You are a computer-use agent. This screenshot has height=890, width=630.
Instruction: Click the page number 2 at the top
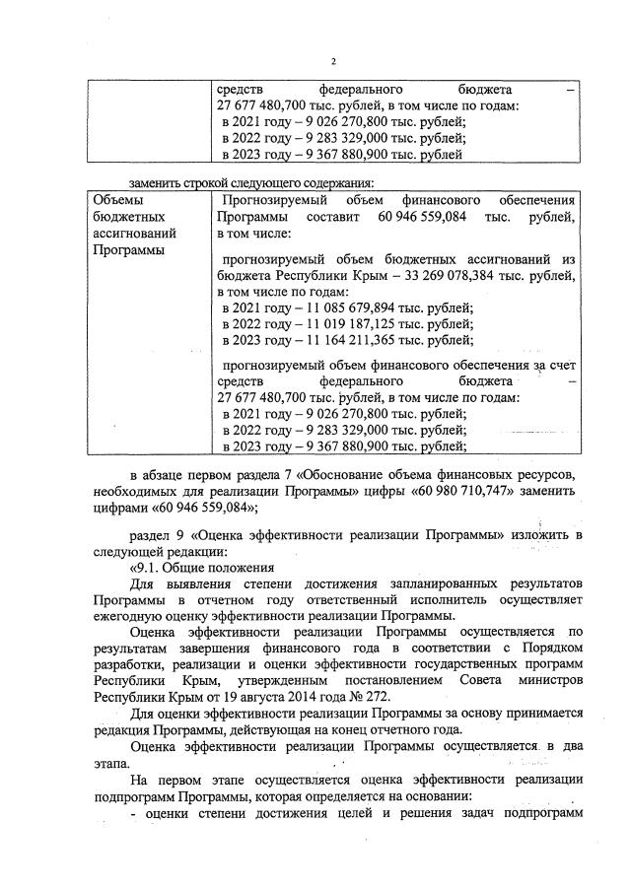332,61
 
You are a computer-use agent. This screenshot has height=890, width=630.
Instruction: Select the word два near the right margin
565,746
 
